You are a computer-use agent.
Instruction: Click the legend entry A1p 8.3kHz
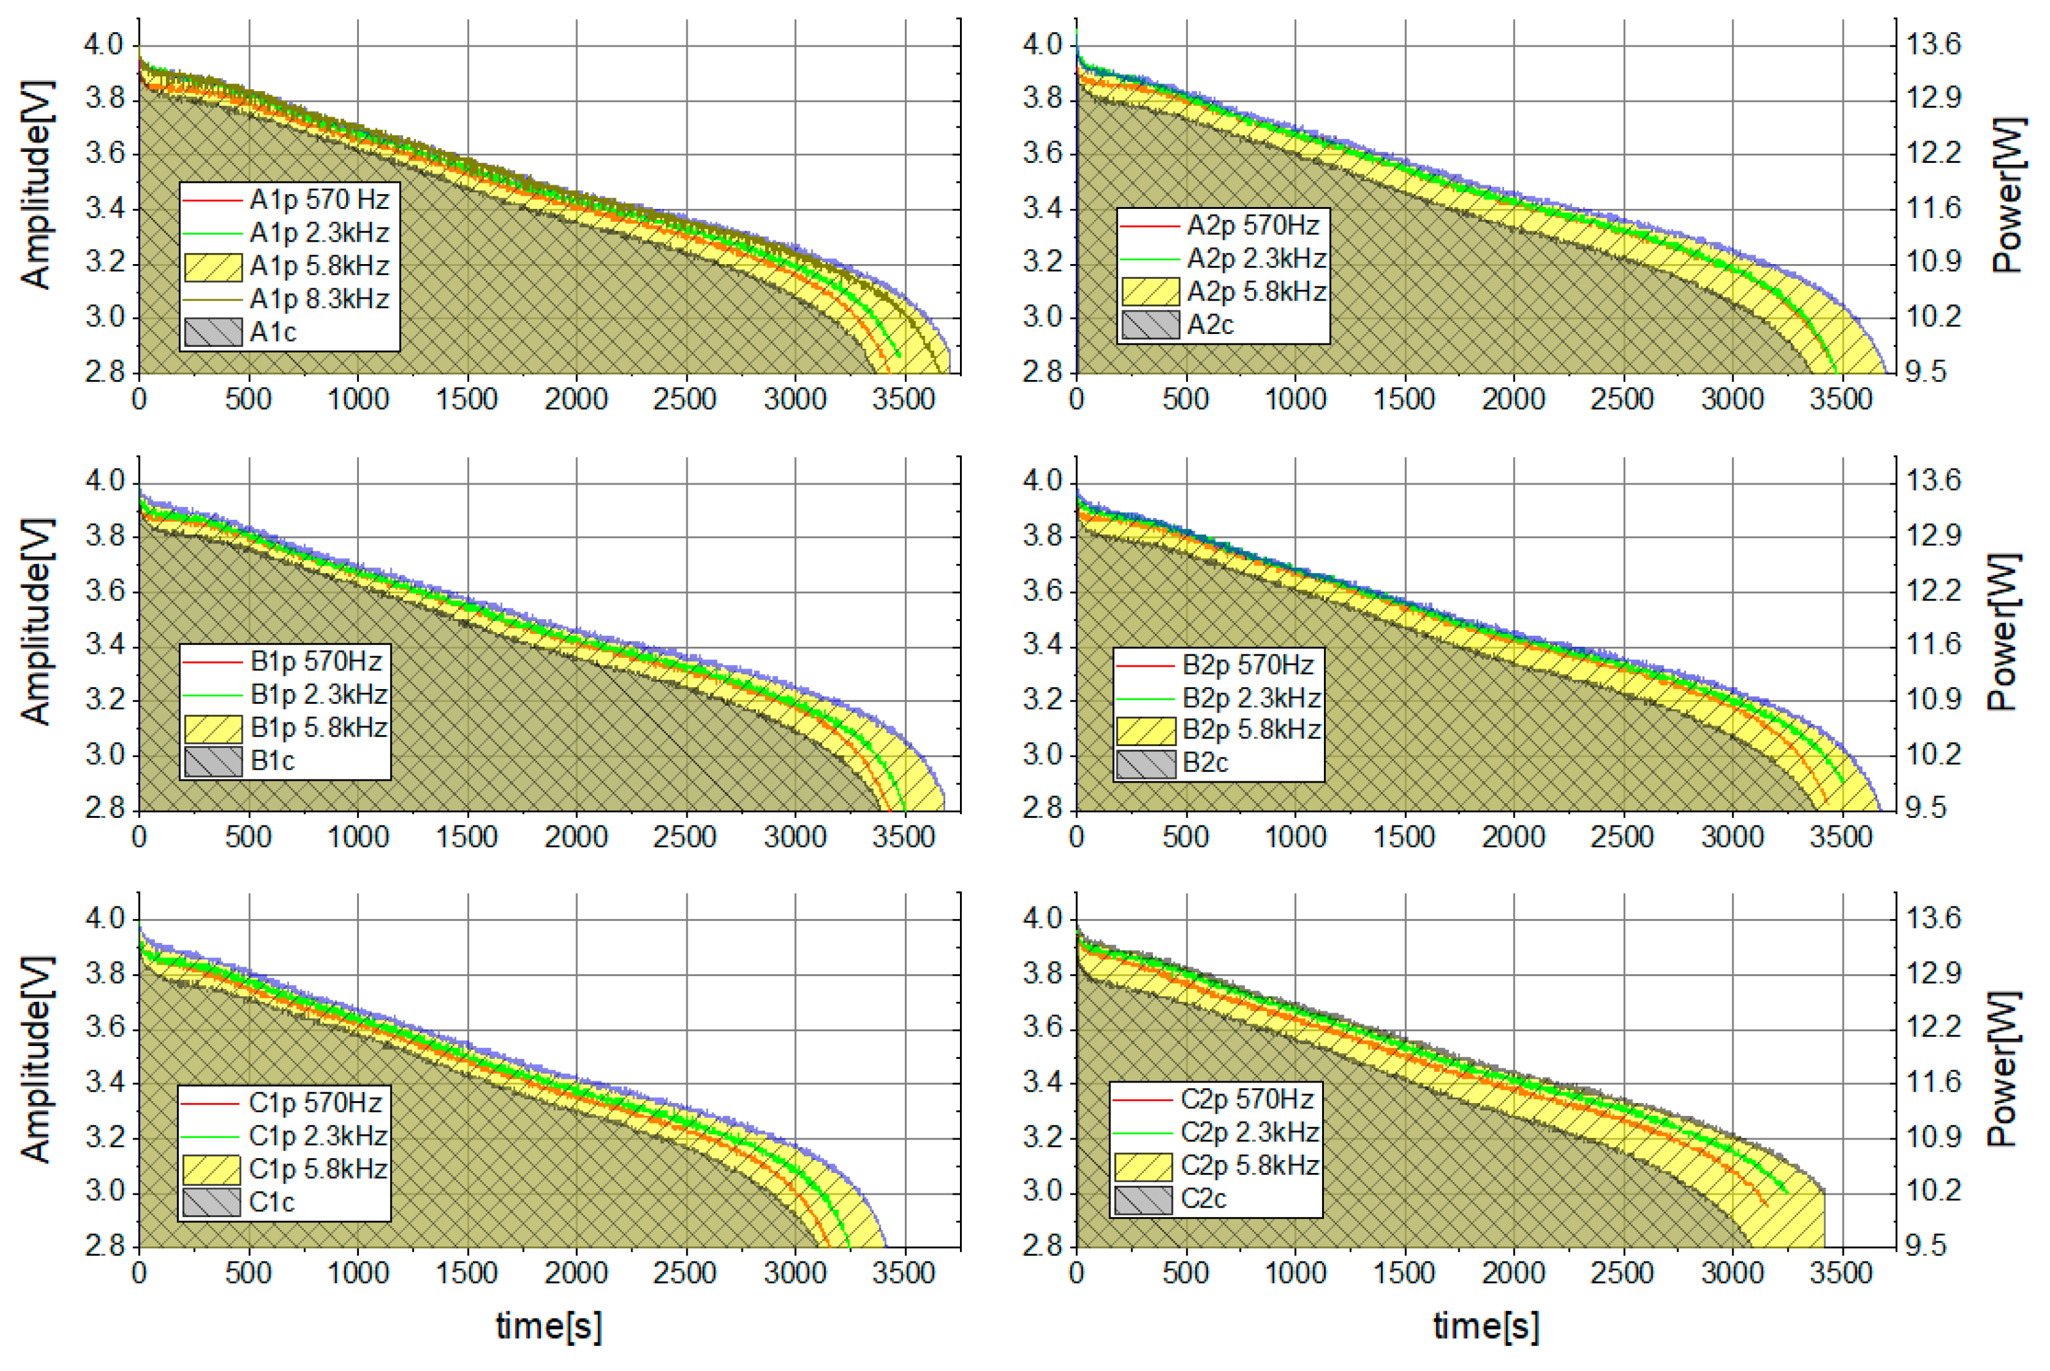318,299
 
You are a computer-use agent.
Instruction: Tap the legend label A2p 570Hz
1252,226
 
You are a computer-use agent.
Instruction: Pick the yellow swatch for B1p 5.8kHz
212,727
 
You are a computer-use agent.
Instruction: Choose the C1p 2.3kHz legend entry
317,1136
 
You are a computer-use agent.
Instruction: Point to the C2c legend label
1203,1199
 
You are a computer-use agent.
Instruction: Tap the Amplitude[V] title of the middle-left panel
37,622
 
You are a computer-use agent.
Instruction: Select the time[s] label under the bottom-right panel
1485,1325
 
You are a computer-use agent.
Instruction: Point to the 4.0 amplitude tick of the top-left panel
104,44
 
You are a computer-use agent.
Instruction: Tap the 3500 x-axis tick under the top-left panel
904,399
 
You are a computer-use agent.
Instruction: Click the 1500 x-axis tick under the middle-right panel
1404,836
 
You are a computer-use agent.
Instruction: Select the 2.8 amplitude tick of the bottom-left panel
104,1245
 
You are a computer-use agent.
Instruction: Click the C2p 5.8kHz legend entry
1248,1165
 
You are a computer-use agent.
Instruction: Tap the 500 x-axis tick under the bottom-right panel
1186,1272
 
